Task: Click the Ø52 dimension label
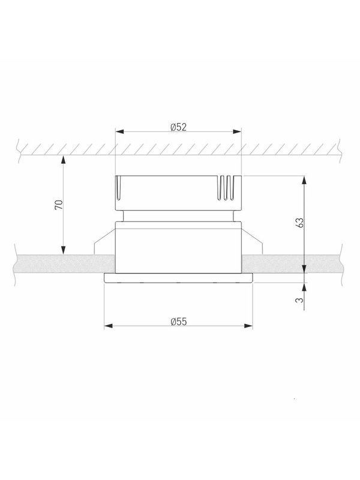(x=178, y=127)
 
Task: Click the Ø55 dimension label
(x=178, y=322)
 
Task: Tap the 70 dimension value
(x=59, y=205)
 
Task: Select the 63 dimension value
(x=301, y=223)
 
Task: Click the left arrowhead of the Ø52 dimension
(x=119, y=131)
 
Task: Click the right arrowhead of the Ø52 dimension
(x=237, y=131)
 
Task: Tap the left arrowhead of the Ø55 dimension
(x=109, y=326)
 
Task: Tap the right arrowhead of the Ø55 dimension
(x=248, y=326)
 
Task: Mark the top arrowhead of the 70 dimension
(x=64, y=160)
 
